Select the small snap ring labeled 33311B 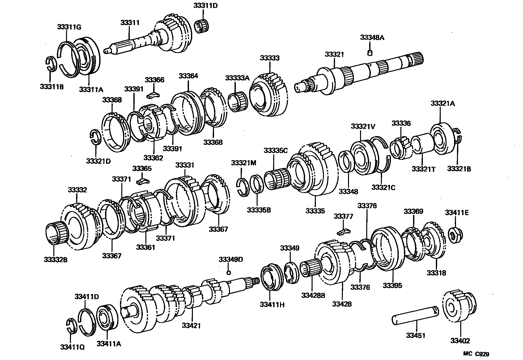(x=51, y=63)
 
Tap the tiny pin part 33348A (x=370, y=52)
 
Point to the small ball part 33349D (x=229, y=272)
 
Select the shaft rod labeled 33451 (x=416, y=315)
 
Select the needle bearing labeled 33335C (x=277, y=179)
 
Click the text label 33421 (x=191, y=325)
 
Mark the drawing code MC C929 (x=476, y=354)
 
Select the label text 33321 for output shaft (x=334, y=54)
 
